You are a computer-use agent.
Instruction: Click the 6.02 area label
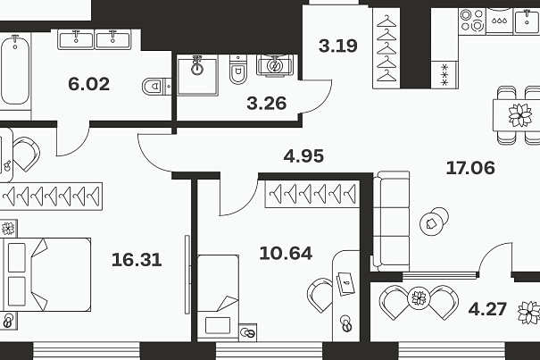89,84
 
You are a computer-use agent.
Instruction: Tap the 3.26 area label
267,104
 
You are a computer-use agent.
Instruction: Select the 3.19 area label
338,46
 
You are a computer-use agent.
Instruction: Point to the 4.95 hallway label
303,156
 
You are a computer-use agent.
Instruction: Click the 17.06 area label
470,168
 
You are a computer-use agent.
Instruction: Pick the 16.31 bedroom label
137,260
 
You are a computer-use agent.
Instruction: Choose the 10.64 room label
286,254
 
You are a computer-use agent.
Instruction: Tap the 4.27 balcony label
487,309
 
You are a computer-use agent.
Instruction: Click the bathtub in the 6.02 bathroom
14,71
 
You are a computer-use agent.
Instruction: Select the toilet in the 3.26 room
238,70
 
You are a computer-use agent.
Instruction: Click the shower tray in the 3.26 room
197,76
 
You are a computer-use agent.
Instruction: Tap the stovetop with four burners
472,20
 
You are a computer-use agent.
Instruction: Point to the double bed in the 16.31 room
46,274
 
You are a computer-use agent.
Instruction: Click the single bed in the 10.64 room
218,297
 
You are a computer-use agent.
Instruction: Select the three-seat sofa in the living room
392,221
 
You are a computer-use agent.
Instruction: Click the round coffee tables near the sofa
434,222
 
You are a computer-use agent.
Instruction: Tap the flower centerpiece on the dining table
520,115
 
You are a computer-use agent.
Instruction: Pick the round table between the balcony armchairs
420,298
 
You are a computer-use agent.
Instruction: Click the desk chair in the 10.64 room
320,295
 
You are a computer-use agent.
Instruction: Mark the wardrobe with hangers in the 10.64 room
312,194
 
